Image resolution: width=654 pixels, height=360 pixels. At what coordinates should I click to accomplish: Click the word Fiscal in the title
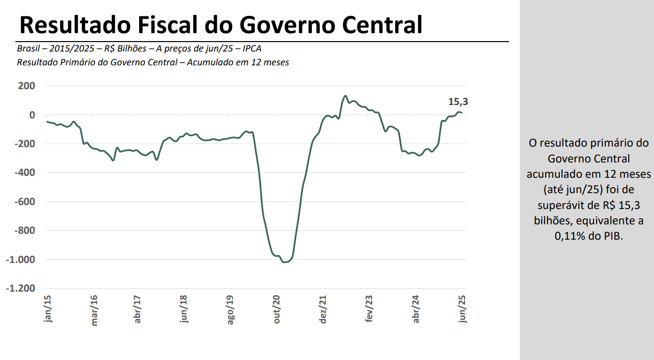tap(183, 25)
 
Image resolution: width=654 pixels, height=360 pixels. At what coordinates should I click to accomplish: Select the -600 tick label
tap(24, 202)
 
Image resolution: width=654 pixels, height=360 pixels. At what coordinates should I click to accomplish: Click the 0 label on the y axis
tap(32, 115)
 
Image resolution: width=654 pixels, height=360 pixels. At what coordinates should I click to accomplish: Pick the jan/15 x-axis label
tap(48, 309)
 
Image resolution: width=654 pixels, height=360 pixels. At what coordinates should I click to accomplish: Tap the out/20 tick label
tap(277, 309)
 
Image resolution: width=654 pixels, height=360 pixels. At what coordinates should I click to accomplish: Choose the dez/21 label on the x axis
tap(323, 309)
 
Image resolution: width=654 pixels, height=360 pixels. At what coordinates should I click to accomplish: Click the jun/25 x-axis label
tap(463, 309)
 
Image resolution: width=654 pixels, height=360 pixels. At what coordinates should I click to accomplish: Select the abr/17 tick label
tap(138, 309)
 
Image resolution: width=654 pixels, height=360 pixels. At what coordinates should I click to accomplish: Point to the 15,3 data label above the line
tap(458, 102)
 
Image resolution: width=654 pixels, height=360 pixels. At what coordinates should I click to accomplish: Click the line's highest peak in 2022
tap(346, 96)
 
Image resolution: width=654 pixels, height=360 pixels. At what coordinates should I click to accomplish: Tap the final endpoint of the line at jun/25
tap(462, 113)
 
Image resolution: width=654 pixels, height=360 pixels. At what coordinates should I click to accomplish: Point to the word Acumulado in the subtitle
tap(207, 62)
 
